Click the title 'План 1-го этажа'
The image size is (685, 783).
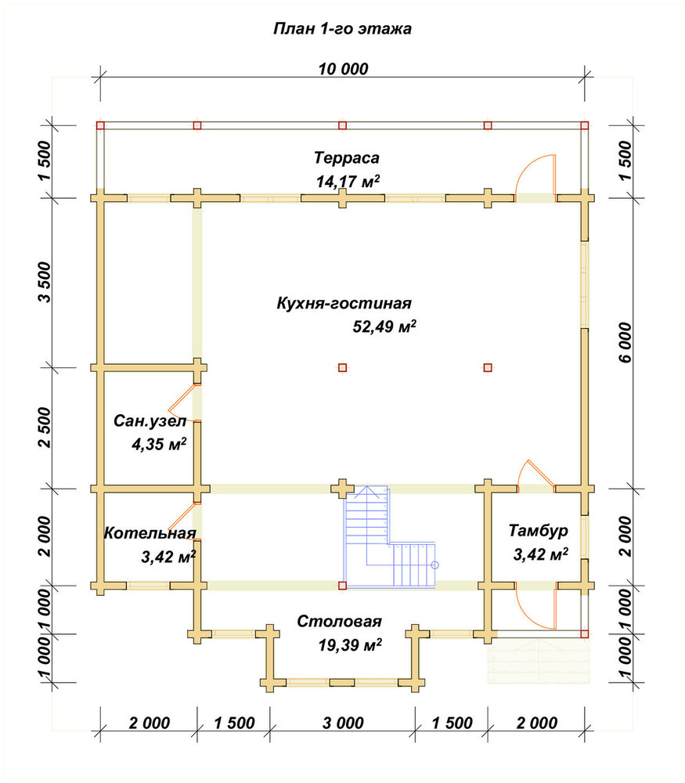[x=342, y=28]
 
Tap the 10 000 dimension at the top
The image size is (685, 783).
[x=343, y=69]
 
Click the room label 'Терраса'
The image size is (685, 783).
[x=347, y=158]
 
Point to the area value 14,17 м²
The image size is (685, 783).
[x=348, y=181]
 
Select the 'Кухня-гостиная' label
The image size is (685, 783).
[x=344, y=303]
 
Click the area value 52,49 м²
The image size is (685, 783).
[x=384, y=326]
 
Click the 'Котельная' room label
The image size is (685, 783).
[x=150, y=532]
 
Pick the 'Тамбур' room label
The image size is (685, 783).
[x=539, y=530]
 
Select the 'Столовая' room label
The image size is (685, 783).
[x=339, y=621]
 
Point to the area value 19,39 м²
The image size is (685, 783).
[x=350, y=644]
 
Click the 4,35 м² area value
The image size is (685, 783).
[x=159, y=443]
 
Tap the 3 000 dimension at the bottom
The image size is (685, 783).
[x=343, y=723]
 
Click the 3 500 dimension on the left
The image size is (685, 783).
[x=45, y=282]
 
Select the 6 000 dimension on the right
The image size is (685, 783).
[x=625, y=343]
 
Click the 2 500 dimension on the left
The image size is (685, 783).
[x=45, y=428]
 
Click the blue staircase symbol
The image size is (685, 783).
[x=389, y=536]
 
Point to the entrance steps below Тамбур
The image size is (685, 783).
[x=539, y=659]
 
